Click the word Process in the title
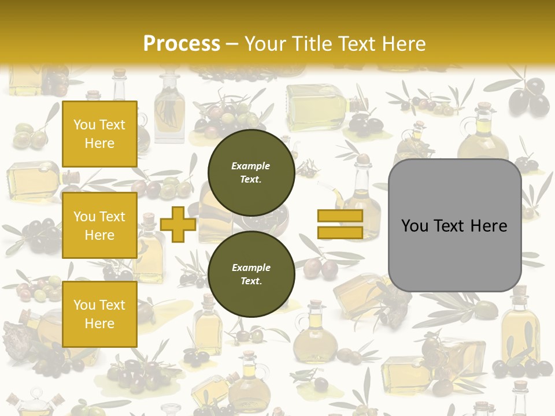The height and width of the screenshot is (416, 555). coord(182,43)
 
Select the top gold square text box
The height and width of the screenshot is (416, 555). coord(99,134)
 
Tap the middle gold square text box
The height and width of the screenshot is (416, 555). coord(99,225)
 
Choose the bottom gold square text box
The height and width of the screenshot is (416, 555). coord(99,314)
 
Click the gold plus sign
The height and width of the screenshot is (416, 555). coord(178,224)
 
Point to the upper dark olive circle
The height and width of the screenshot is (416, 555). coord(251,172)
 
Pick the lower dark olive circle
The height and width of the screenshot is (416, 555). coord(251,274)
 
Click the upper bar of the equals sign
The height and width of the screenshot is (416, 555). coord(340,216)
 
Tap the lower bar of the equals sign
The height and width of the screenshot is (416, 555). coord(340,232)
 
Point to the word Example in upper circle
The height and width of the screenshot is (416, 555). coord(250,166)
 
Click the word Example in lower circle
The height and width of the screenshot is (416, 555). coord(251,268)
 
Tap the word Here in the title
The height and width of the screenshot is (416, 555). coord(402,44)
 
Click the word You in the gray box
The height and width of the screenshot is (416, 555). coord(415,226)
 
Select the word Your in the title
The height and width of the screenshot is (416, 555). coord(265,44)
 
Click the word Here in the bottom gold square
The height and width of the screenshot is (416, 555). coord(99,324)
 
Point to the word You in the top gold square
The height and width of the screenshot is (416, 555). coord(84,125)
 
